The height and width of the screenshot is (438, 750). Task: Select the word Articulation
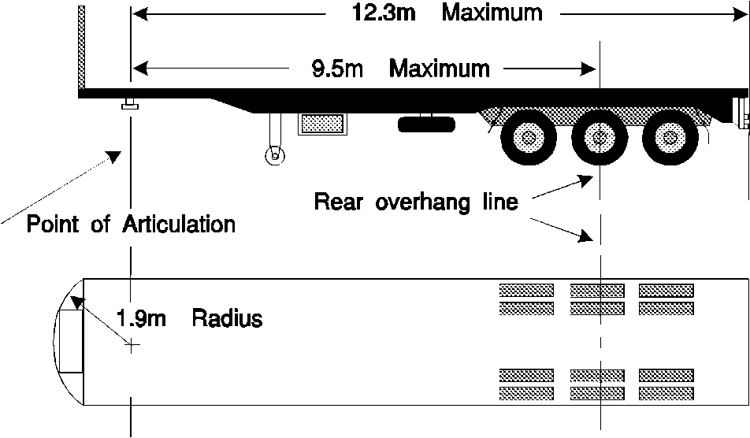179,224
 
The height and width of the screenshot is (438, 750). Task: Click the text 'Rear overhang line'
416,202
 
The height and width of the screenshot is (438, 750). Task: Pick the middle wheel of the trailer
600,139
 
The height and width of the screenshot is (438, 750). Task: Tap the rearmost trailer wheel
670,139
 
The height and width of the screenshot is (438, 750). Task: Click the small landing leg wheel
273,154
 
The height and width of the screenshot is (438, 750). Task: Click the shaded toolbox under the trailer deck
322,124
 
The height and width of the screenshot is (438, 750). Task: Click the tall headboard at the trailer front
81,49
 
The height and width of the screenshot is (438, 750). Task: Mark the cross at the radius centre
132,344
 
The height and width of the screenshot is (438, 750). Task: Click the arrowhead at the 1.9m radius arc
76,302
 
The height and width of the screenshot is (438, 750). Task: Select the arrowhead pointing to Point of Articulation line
115,155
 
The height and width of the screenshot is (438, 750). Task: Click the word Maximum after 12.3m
492,13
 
